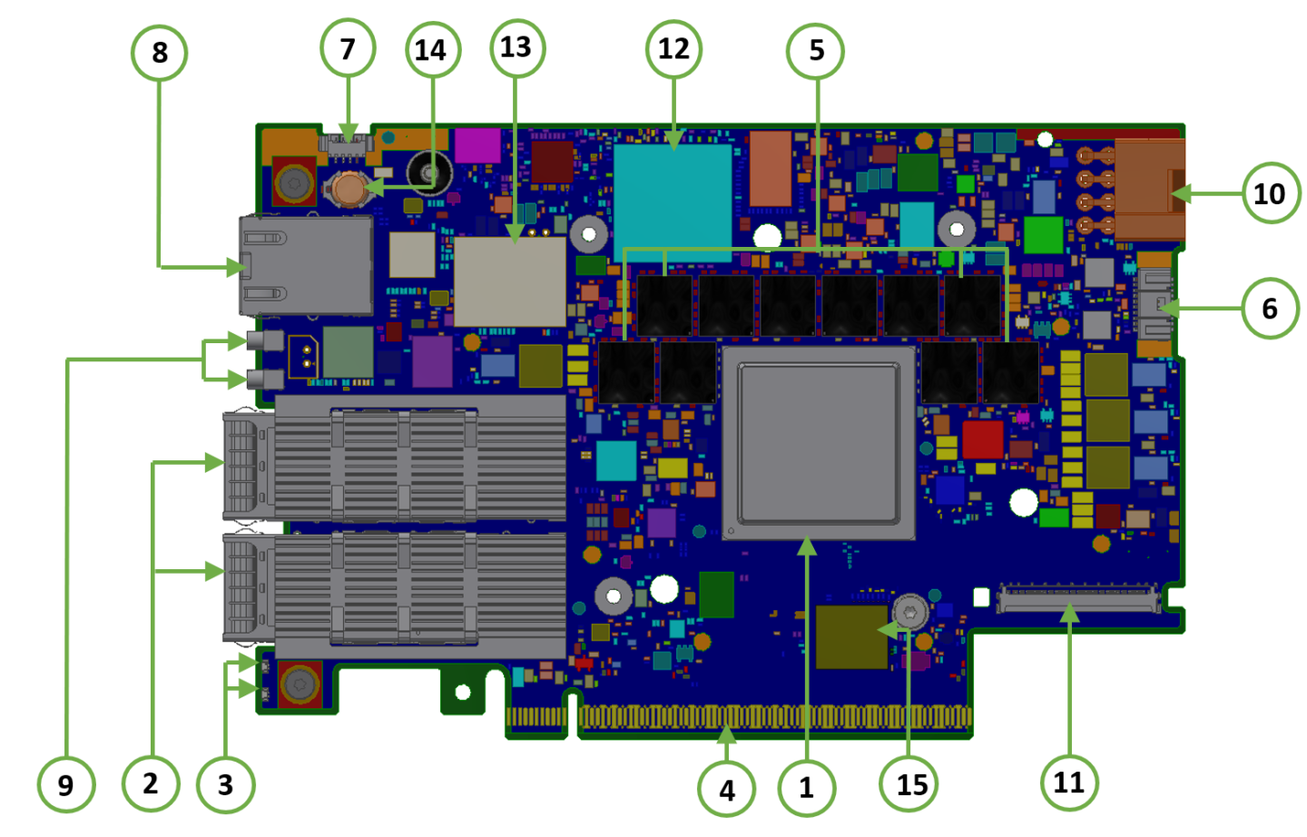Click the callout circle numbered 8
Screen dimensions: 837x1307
coord(159,53)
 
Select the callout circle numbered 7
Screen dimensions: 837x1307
coord(348,48)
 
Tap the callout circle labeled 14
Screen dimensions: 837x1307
coord(431,50)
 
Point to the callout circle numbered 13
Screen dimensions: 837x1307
coord(516,47)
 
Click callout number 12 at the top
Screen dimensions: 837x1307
coord(673,48)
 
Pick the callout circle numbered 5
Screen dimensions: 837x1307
coord(816,50)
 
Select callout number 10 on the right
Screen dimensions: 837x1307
coord(1269,193)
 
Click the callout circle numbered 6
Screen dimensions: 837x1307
coord(1269,309)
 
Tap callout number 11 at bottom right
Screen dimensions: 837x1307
coord(1068,783)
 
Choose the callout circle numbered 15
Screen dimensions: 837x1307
coord(910,784)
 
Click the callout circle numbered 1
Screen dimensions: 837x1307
coord(806,787)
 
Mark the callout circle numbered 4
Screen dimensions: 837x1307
coord(726,789)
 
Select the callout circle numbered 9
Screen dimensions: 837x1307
coord(65,784)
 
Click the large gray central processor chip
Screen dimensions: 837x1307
coord(818,443)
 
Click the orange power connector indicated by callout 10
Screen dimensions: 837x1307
coord(1149,189)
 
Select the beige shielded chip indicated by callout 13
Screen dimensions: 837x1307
coord(509,281)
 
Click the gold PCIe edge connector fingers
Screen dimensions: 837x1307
coord(771,718)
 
